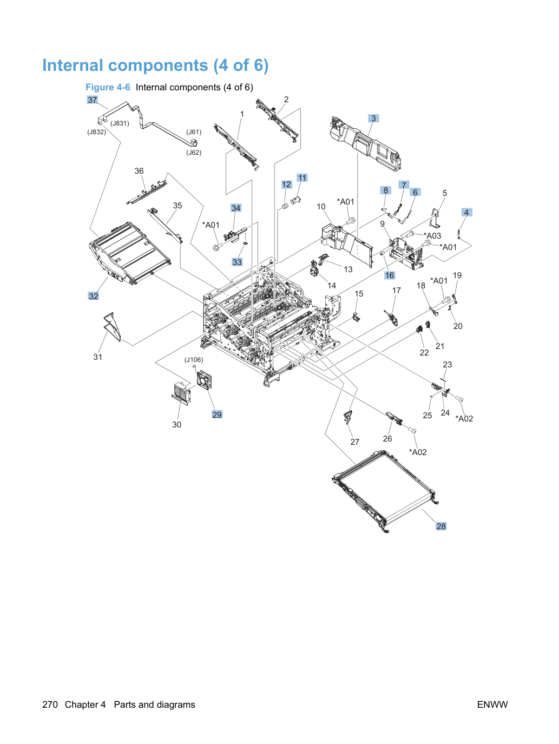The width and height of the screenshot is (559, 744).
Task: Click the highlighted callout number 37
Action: tap(92, 100)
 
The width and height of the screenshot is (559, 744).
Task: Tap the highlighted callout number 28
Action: tap(440, 526)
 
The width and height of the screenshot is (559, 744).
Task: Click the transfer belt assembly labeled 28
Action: tap(385, 491)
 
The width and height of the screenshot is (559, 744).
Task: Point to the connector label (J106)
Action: tap(194, 360)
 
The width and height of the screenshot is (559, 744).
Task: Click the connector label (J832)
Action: tap(97, 132)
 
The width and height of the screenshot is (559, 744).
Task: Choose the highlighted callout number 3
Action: tap(373, 118)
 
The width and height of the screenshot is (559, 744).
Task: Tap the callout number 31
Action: tap(97, 357)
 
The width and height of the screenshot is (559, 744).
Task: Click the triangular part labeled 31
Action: tap(112, 327)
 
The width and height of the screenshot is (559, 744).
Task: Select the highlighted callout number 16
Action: tap(390, 275)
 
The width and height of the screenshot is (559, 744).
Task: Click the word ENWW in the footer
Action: tap(492, 705)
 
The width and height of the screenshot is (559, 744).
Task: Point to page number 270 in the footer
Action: tap(50, 705)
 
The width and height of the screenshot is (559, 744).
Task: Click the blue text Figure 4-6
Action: tap(108, 87)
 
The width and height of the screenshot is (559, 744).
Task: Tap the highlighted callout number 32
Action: tap(93, 296)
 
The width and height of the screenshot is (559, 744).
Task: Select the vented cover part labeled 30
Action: tap(181, 393)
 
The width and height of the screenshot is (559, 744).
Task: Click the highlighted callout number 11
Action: tap(302, 177)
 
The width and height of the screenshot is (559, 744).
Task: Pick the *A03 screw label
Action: tap(432, 235)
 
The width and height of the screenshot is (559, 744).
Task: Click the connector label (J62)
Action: tap(194, 153)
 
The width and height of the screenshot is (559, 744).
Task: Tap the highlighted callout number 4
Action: tap(466, 213)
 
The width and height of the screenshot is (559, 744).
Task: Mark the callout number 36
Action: tap(139, 171)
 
